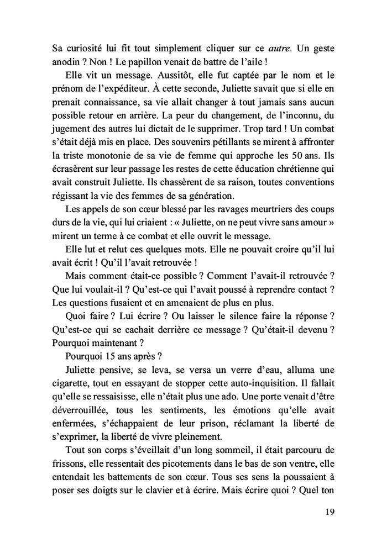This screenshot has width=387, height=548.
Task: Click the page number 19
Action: coord(328,511)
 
